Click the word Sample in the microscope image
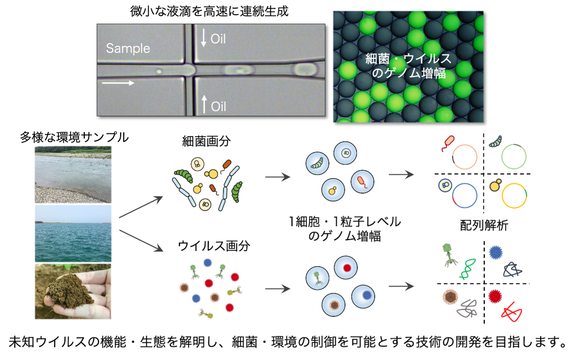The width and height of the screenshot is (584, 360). [128, 48]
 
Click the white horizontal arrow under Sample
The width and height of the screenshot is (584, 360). [118, 83]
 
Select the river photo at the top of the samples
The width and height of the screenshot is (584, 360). [73, 174]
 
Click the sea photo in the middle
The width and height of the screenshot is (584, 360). [73, 233]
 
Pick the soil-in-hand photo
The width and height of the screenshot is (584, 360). [73, 291]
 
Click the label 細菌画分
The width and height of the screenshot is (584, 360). [206, 141]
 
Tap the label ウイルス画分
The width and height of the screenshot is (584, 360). [214, 246]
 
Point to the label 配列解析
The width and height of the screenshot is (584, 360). [484, 225]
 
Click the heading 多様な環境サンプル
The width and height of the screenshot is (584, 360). [74, 137]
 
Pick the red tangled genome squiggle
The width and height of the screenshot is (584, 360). [511, 312]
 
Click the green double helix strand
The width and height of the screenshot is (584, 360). [468, 269]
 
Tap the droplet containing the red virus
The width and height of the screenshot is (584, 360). [346, 268]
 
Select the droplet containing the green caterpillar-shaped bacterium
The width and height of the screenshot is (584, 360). [317, 163]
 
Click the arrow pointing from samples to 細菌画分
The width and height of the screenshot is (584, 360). [141, 207]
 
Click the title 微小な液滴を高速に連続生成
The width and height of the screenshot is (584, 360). [210, 11]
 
